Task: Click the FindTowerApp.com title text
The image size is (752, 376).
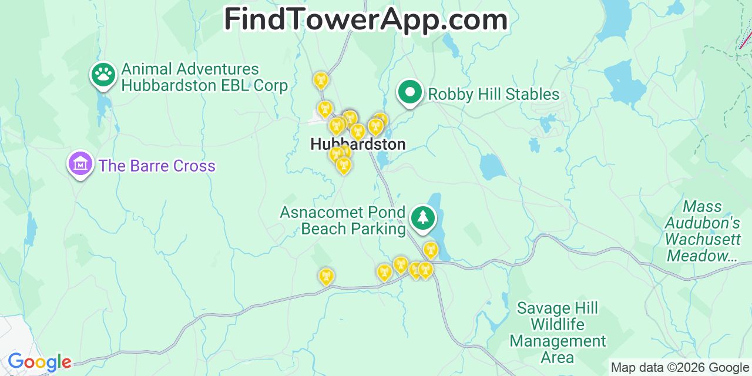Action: (x=365, y=20)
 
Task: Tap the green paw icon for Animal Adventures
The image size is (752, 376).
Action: (x=103, y=75)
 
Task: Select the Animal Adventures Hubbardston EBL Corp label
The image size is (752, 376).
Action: (x=204, y=78)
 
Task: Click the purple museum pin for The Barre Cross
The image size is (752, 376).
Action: (x=81, y=164)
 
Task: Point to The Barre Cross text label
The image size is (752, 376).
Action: (x=157, y=166)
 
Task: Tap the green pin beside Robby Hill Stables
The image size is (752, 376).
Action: (x=410, y=92)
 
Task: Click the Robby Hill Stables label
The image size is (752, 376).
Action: (x=493, y=94)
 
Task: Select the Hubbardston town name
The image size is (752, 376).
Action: (x=358, y=144)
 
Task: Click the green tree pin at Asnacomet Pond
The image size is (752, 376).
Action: (x=422, y=218)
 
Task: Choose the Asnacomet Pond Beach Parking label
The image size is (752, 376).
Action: (x=343, y=220)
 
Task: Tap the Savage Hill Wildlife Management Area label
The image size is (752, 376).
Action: (x=558, y=333)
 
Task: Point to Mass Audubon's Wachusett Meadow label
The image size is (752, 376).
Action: (x=703, y=231)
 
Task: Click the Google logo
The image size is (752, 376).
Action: (x=39, y=362)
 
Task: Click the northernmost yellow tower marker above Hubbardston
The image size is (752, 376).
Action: (x=321, y=80)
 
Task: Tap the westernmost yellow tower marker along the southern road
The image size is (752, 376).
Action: (x=326, y=276)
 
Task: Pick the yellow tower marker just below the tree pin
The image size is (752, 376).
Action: (x=431, y=250)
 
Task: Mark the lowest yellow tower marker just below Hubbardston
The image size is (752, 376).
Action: (x=344, y=166)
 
